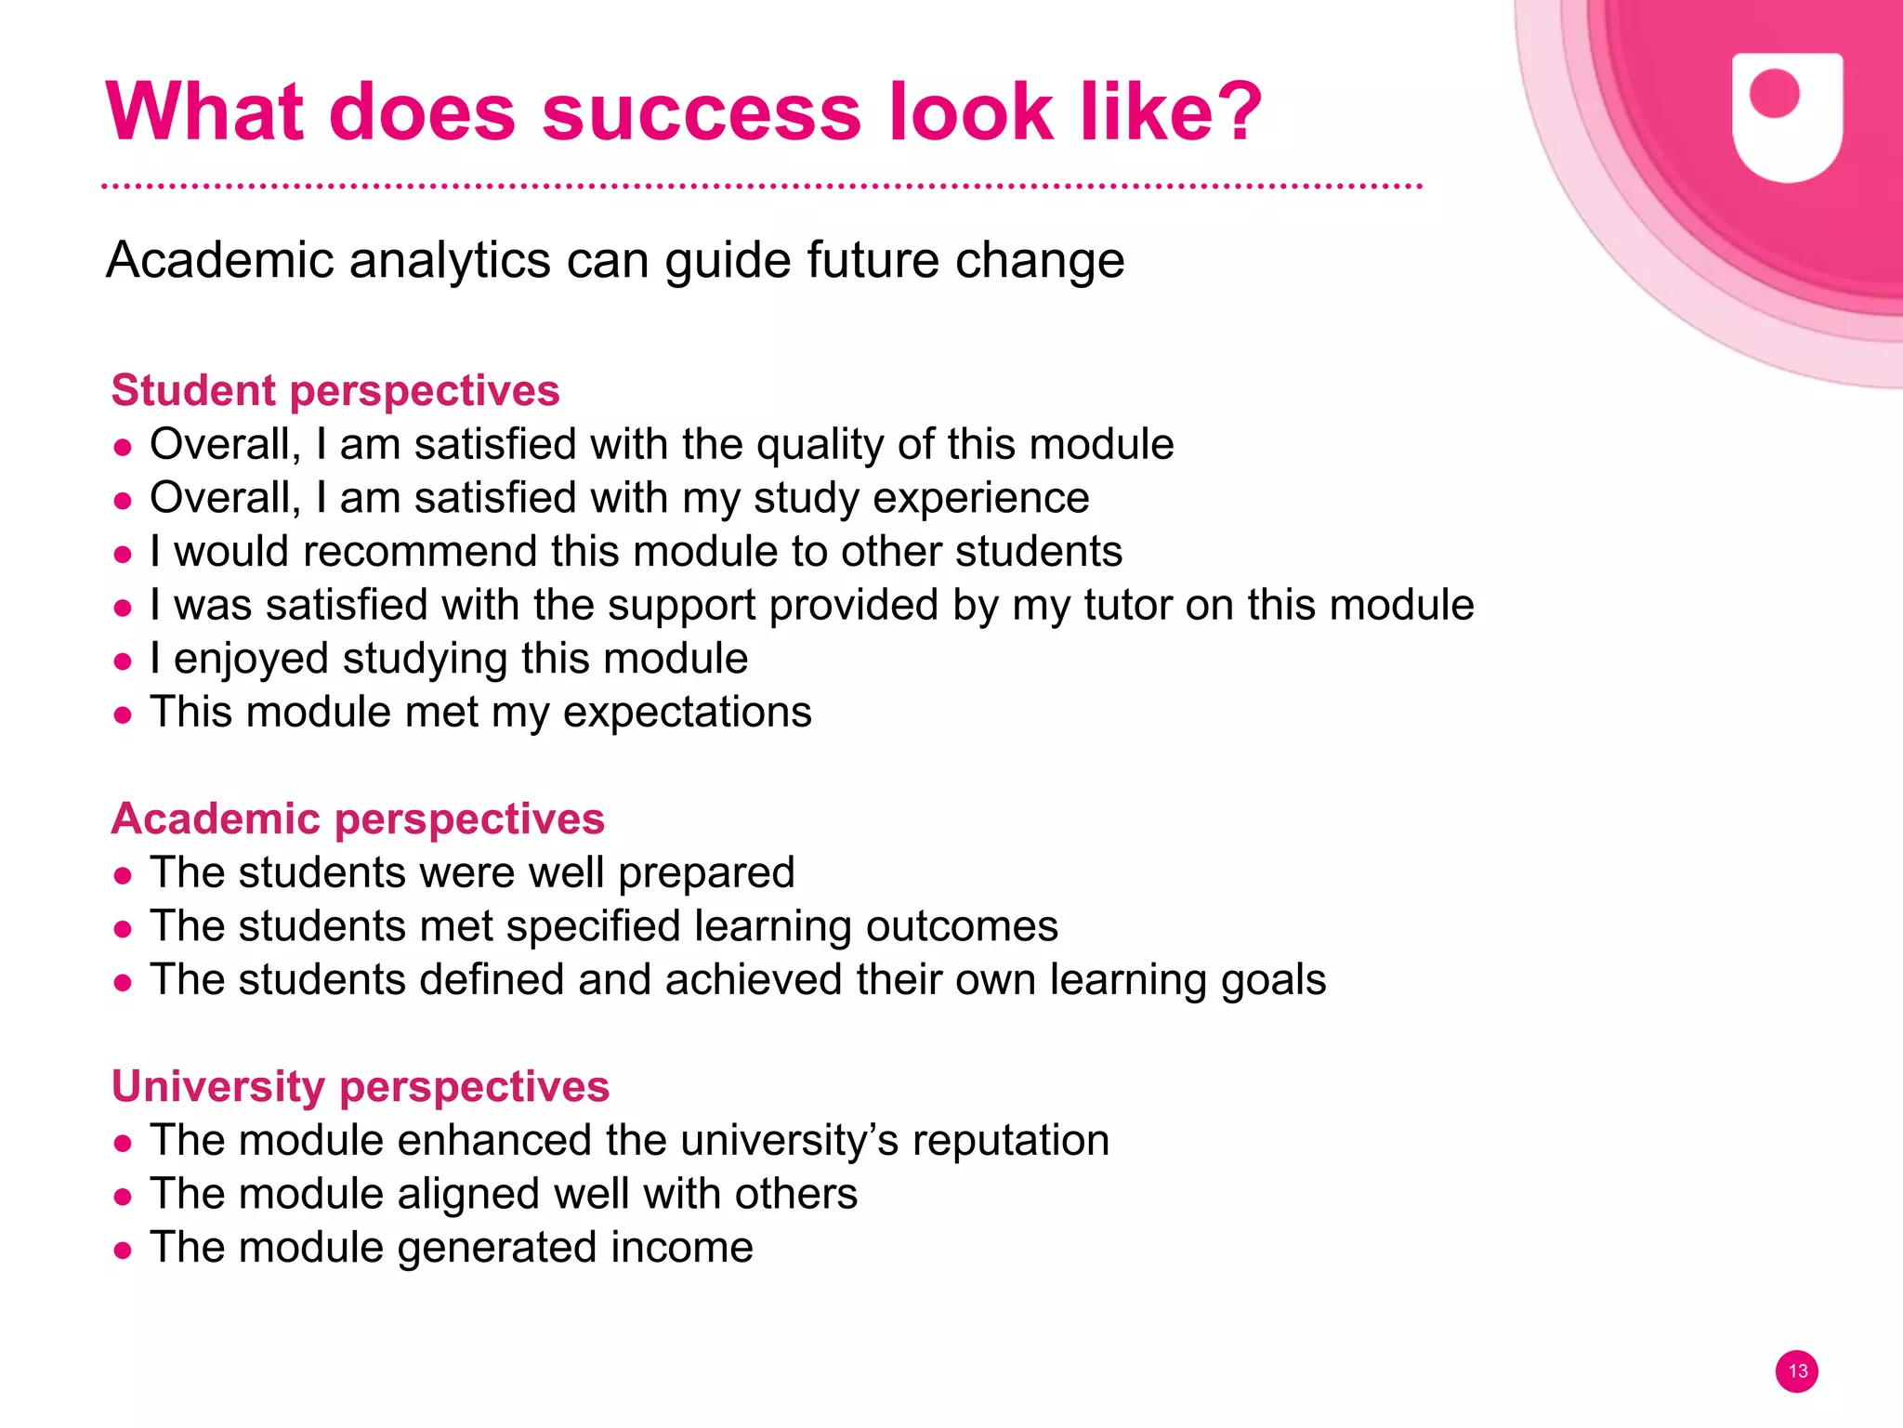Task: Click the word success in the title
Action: (702, 112)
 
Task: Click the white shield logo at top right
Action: (1787, 118)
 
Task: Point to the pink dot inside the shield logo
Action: (1774, 94)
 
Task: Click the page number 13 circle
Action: (1797, 1371)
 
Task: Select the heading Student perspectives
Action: (335, 390)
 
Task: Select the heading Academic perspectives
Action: (358, 819)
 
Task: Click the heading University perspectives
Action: (361, 1086)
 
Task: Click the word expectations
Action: (687, 714)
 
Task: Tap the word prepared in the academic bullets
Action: (706, 873)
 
